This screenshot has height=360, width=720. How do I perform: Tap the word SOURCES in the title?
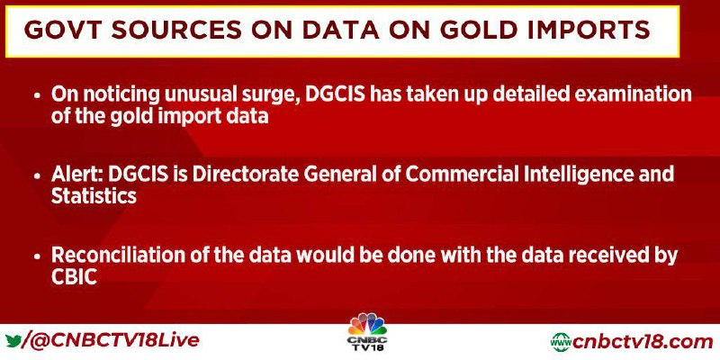176,30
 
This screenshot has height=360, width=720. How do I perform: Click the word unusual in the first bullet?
192,94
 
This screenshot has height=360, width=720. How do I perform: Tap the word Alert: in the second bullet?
76,174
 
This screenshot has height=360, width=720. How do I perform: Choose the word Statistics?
94,196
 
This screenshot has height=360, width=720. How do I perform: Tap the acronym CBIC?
74,277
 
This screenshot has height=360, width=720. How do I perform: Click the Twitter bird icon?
14,341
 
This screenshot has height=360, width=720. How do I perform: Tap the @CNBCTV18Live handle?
115,341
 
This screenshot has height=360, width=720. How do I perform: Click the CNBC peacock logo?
367,331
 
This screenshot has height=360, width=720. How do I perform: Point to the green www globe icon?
561,342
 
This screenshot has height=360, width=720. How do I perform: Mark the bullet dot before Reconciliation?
38,256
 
